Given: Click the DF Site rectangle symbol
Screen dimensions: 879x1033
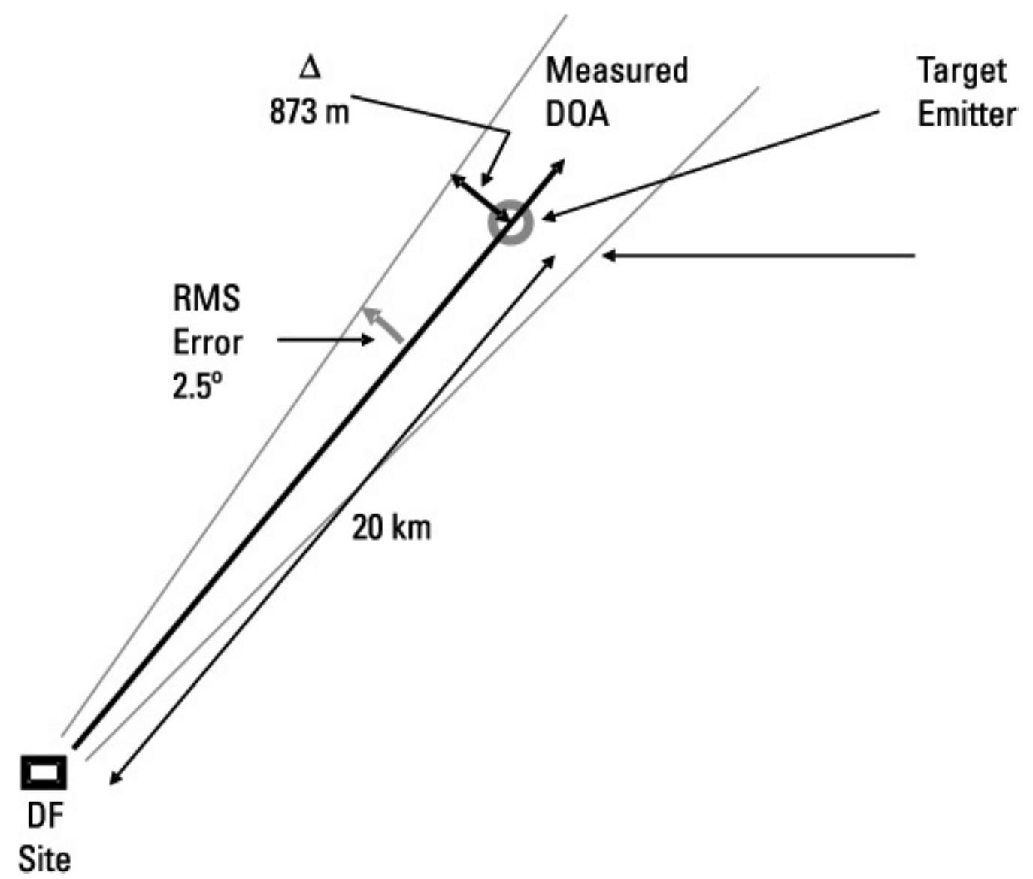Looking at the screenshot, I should [x=44, y=771].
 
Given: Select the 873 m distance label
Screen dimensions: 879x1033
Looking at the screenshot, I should [x=309, y=113].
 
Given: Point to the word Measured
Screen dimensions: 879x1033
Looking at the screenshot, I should [x=616, y=71].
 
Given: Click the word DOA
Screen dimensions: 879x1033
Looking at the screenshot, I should [x=577, y=114].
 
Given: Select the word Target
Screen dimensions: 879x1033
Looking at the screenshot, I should [x=961, y=71].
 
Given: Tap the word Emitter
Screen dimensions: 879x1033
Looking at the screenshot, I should [x=967, y=114].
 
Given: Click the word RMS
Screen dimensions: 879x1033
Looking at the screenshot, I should [x=207, y=299].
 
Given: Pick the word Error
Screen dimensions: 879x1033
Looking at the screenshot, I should [x=208, y=343].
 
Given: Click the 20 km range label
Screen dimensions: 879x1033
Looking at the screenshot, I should [x=392, y=528].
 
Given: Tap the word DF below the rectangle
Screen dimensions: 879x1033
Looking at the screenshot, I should [x=45, y=816].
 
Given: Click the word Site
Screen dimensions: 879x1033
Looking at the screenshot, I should [x=45, y=859].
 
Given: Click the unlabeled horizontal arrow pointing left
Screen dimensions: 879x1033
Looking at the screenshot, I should [x=759, y=256].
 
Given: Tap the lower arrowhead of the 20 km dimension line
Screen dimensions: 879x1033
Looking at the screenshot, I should [x=114, y=780].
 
